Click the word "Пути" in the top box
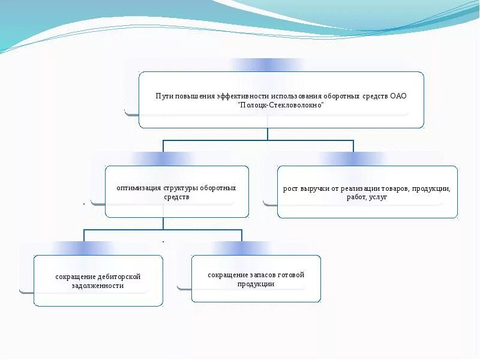164,95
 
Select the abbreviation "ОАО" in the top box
399,95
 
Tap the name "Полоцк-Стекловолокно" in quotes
281,105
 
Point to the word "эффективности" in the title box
243,95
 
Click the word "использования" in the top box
295,95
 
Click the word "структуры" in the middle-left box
180,188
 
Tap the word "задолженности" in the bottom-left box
98,286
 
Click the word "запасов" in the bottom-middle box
256,275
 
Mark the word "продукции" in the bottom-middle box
256,284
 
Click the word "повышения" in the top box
195,95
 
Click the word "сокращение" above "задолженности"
75,277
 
